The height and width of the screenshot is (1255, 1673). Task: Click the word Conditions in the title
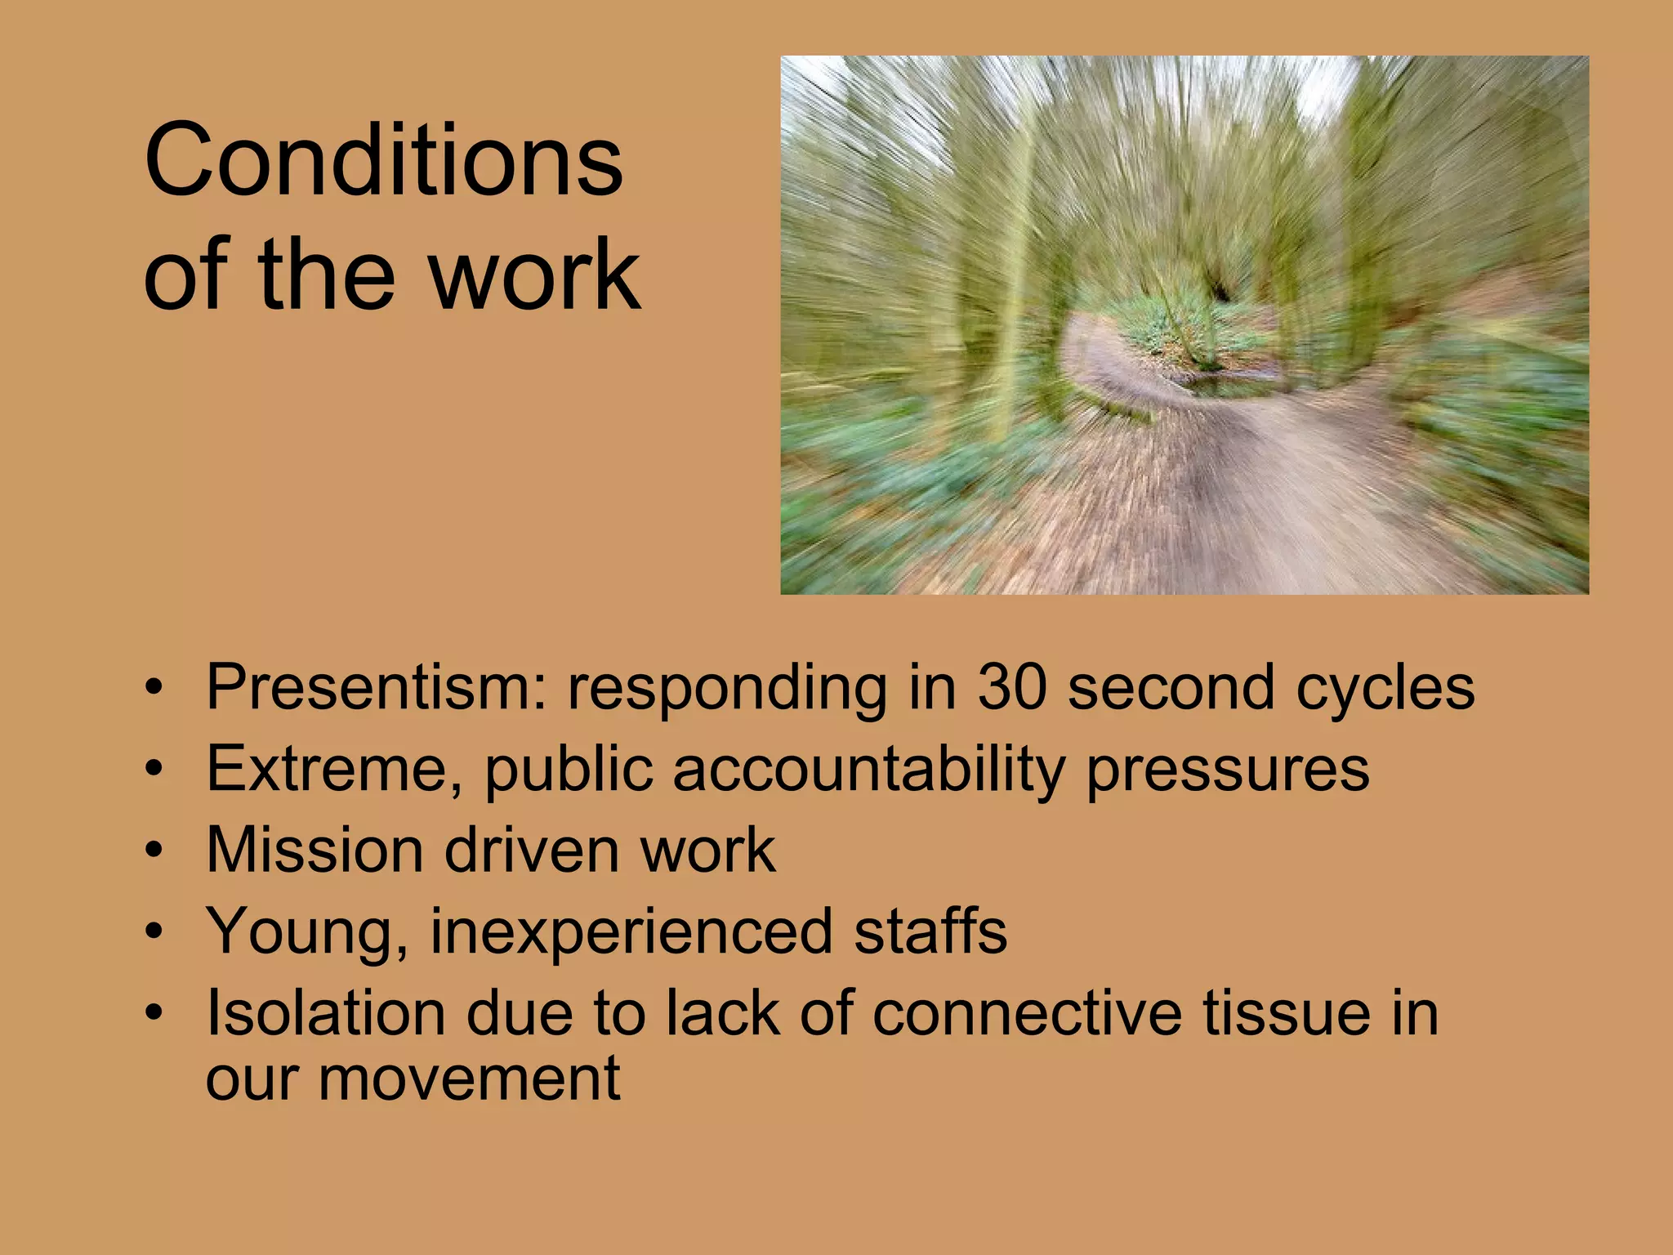pos(383,160)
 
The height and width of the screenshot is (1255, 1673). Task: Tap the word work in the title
pos(535,275)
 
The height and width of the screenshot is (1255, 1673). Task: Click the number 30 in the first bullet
pos(1012,687)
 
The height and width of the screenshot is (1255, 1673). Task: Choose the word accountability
pos(869,769)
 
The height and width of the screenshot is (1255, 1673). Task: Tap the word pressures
pos(1228,770)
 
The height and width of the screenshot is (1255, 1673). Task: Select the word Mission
pos(313,850)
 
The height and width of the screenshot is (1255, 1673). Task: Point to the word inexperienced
pos(630,932)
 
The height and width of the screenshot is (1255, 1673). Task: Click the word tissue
pos(1274,1012)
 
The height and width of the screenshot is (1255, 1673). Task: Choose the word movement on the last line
pos(469,1079)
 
